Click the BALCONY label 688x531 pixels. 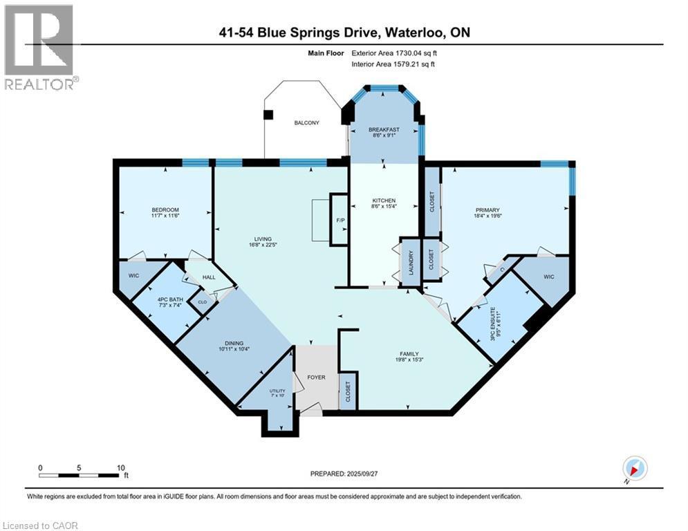(307, 123)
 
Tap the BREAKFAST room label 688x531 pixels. (384, 129)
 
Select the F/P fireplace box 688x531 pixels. (340, 219)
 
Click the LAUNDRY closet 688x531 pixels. (411, 263)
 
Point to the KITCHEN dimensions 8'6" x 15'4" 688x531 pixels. (384, 206)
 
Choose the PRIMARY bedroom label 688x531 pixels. (487, 210)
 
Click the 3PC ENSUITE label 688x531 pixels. (493, 324)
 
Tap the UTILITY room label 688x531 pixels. (277, 391)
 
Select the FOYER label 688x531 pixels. (316, 377)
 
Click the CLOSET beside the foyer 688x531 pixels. (348, 392)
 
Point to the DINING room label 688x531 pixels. (234, 343)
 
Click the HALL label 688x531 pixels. (209, 277)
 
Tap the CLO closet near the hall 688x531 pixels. (203, 302)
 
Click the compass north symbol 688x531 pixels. (635, 468)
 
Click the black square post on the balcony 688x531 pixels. (268, 115)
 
